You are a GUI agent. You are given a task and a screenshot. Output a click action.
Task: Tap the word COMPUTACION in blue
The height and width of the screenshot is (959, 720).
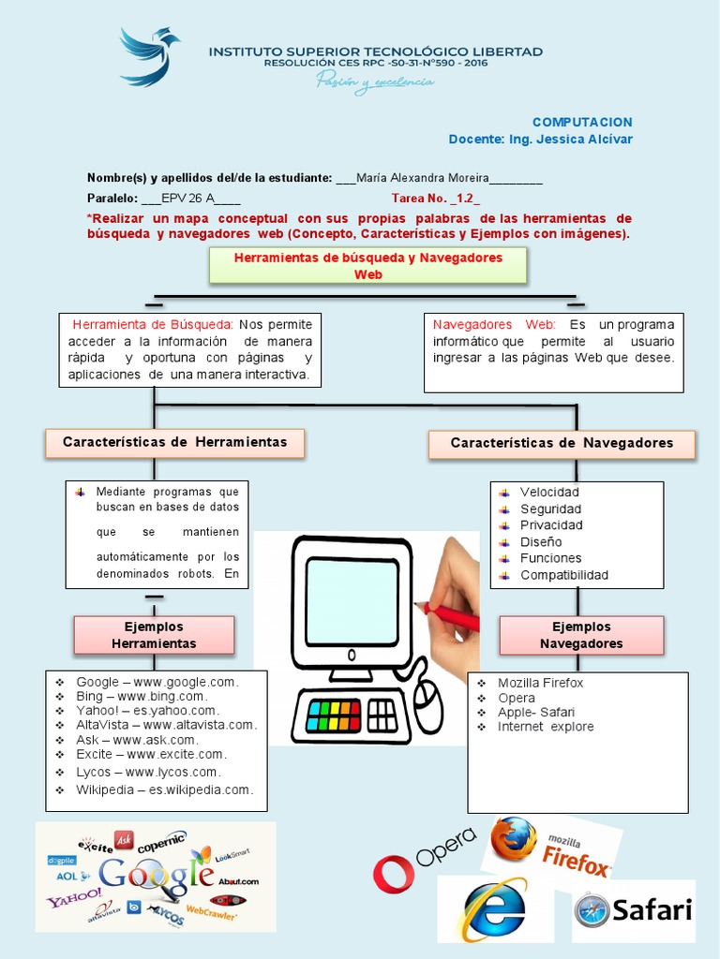[582, 122]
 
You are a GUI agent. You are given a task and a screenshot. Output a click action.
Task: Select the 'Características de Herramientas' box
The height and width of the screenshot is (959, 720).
[175, 442]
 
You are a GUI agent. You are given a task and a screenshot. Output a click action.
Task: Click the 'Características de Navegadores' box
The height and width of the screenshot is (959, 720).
[562, 443]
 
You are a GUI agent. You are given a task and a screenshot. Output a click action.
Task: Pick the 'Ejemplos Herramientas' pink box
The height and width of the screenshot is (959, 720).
[154, 635]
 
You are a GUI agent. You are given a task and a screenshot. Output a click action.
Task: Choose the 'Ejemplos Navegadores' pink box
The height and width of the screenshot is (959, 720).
[581, 635]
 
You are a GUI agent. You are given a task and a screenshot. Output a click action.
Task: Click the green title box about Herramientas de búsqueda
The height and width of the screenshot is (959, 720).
[367, 265]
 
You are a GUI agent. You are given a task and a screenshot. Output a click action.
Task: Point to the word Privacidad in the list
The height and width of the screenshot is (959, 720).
[551, 525]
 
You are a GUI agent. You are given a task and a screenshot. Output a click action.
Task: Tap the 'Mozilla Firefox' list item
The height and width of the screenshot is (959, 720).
[540, 683]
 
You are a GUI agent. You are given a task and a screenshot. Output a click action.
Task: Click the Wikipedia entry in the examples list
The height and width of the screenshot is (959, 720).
[164, 790]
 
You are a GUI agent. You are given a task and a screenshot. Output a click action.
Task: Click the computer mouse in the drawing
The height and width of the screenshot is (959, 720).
[428, 705]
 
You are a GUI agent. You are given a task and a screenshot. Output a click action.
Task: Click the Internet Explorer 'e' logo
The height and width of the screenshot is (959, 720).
[494, 908]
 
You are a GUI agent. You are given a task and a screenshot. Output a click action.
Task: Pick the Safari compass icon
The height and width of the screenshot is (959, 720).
[592, 909]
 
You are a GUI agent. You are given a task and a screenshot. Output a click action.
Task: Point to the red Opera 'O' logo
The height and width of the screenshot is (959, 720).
[393, 873]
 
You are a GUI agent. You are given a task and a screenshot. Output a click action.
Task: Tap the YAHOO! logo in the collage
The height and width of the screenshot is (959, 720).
[74, 901]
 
